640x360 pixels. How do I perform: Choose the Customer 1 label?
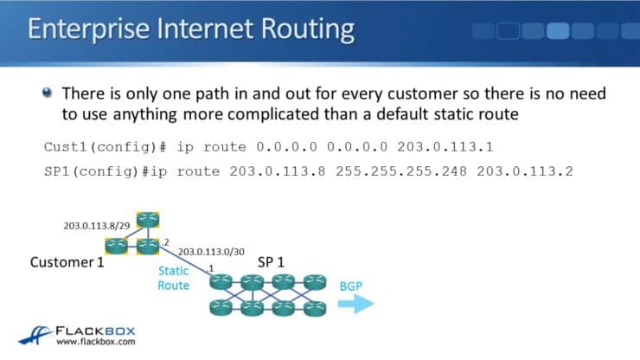click(x=67, y=261)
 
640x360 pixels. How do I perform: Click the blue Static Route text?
click(x=173, y=278)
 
